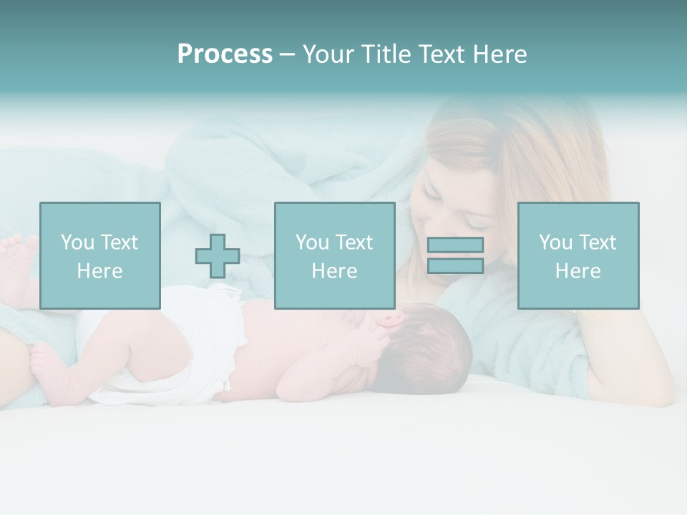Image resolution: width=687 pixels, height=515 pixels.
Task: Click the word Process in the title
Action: pos(225,54)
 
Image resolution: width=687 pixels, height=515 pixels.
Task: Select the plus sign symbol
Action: pos(218,256)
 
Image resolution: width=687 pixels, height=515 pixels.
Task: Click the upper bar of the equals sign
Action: pos(455,245)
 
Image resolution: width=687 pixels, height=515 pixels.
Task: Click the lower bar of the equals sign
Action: pos(455,266)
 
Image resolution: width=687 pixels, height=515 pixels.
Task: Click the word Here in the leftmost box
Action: pos(99,271)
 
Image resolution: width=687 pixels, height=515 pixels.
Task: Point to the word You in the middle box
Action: pos(311,242)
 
